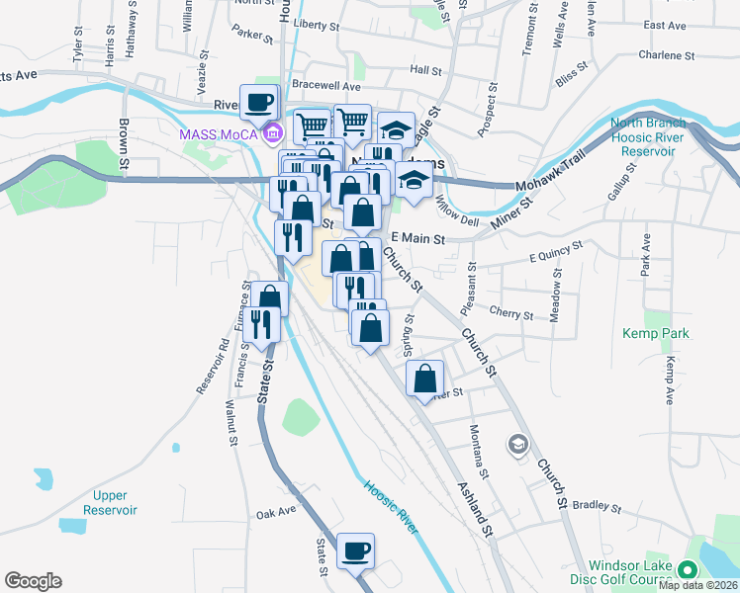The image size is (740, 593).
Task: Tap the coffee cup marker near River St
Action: coord(258,102)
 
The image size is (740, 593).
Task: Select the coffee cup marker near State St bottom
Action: coord(355,551)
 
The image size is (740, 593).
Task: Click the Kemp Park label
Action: coord(656,334)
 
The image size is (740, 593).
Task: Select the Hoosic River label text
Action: coord(391,507)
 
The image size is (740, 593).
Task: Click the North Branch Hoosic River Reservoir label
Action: coord(648,137)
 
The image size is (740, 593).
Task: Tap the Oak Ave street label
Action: coord(276,513)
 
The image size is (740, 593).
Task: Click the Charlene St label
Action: coord(660,55)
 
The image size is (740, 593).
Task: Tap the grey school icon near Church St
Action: coord(517,445)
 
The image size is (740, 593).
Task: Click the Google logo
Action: coord(33,580)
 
